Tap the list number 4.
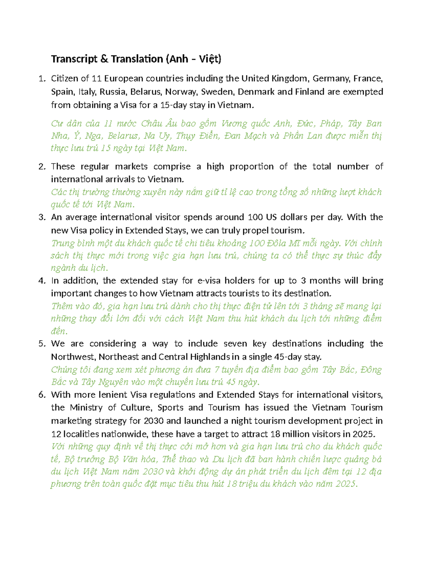coord(42,281)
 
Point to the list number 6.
coord(42,395)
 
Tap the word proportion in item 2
coord(252,166)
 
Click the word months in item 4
coord(325,281)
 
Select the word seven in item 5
coord(235,344)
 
